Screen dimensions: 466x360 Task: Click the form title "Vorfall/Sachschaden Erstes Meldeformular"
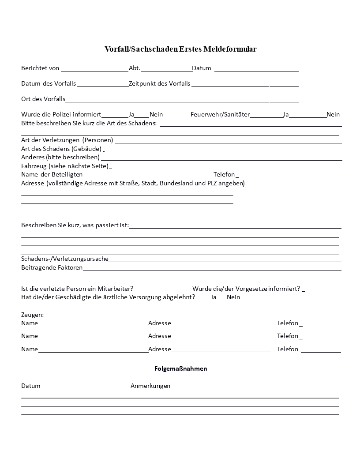click(x=180, y=49)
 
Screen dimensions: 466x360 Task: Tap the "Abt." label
click(x=135, y=68)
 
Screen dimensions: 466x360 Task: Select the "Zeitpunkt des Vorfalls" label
click(x=160, y=83)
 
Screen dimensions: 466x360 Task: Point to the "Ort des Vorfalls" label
click(x=43, y=98)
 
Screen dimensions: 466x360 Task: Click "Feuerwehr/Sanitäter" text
click(x=220, y=114)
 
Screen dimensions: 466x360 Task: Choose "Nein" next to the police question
click(x=156, y=114)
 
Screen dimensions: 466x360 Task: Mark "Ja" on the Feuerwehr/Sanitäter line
click(x=286, y=114)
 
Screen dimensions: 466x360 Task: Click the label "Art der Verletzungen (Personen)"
click(x=67, y=140)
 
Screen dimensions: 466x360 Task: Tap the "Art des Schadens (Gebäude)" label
click(x=61, y=148)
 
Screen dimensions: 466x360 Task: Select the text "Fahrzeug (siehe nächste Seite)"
click(x=65, y=166)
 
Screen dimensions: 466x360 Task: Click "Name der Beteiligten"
click(x=52, y=174)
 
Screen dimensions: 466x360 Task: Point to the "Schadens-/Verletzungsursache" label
click(x=65, y=259)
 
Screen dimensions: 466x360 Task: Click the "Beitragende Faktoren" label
click(x=52, y=267)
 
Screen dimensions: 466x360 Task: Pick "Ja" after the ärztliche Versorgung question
click(x=214, y=297)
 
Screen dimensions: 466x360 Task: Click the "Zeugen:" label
click(x=32, y=315)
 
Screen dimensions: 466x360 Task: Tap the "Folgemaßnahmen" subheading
click(x=180, y=368)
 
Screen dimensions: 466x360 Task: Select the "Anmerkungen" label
click(x=150, y=386)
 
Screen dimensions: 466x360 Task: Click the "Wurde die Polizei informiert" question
click(x=61, y=114)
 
